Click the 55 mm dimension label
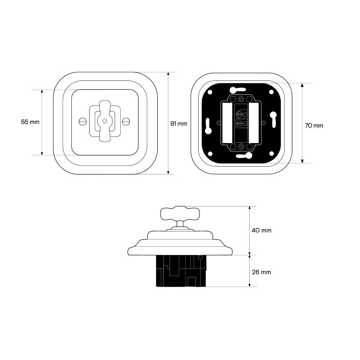(x=30, y=122)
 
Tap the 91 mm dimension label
(x=179, y=124)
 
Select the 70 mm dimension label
(x=314, y=126)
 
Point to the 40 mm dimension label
(x=262, y=230)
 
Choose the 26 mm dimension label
(x=262, y=272)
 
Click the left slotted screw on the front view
(x=82, y=121)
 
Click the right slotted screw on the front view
(x=126, y=121)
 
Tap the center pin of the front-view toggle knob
(x=105, y=121)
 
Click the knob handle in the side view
(x=180, y=214)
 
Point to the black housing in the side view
(x=181, y=271)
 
